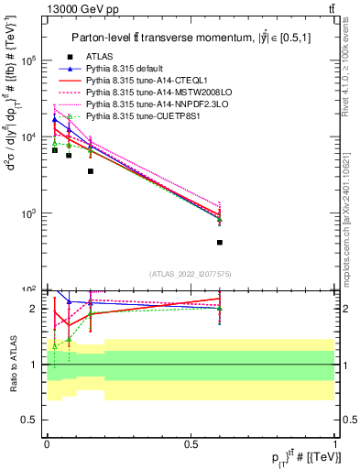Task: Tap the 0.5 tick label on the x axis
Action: [191, 444]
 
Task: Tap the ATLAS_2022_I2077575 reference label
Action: [191, 273]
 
